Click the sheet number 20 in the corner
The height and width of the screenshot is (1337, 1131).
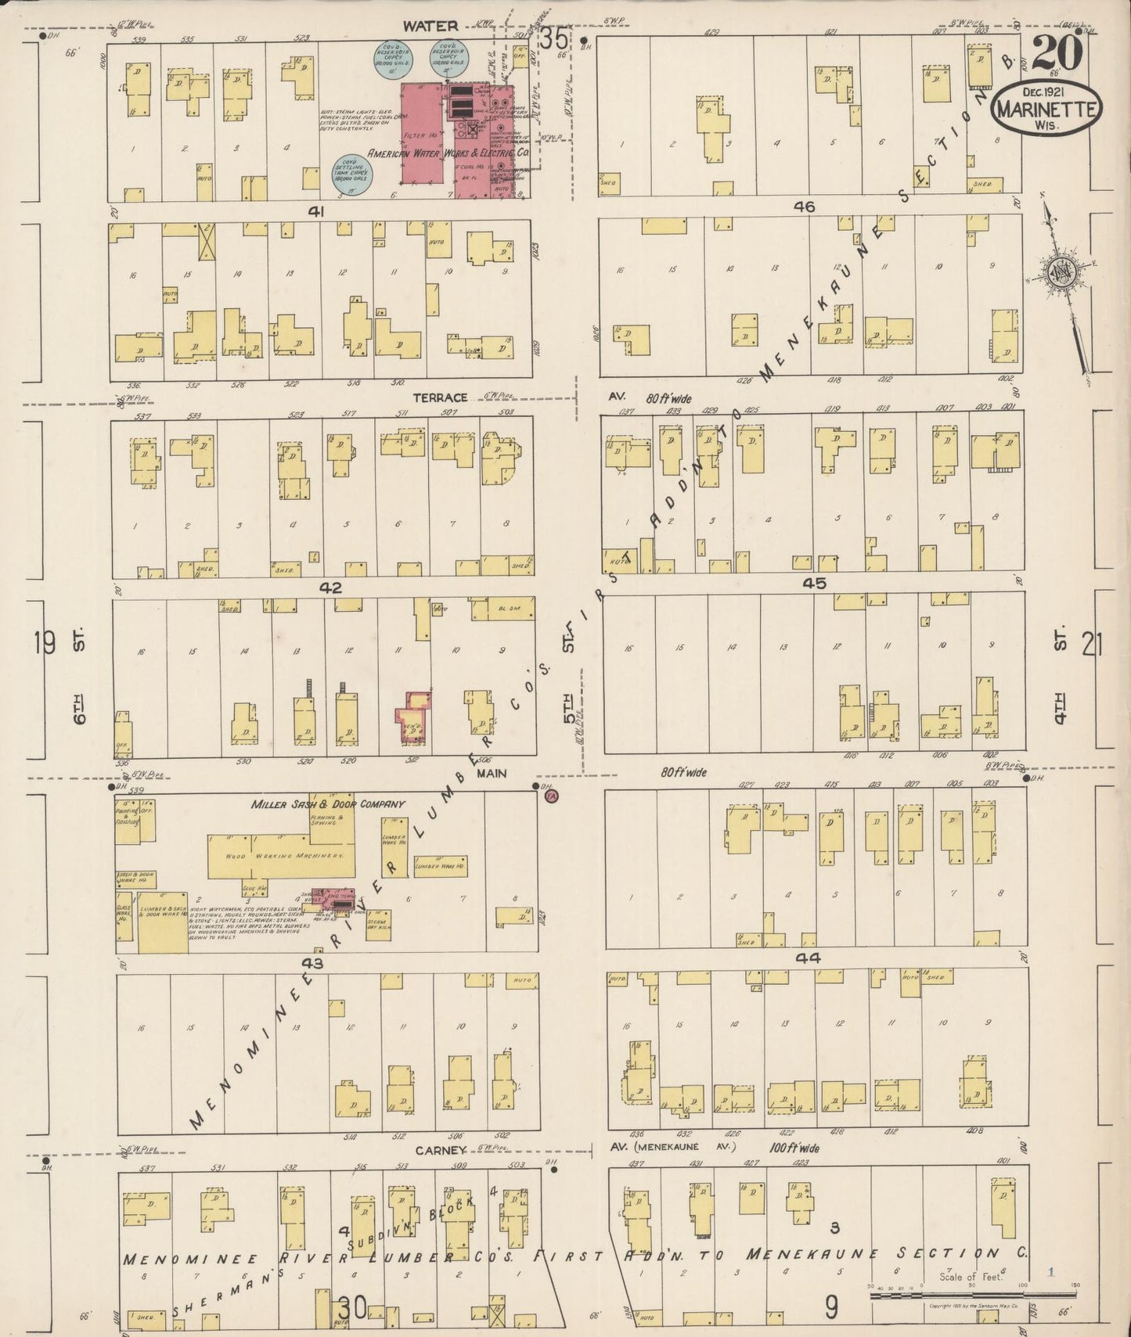coord(1057,53)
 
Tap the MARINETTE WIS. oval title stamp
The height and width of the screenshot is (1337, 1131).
coord(1046,110)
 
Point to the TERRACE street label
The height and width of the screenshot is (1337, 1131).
coord(439,398)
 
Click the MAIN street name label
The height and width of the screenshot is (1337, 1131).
coord(491,773)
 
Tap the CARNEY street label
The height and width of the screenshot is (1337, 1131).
coord(441,1150)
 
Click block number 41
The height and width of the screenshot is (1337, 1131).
coord(316,210)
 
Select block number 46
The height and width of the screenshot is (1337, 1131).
coord(804,207)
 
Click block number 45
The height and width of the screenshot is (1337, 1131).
coord(814,583)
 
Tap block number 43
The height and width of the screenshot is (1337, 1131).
coord(312,962)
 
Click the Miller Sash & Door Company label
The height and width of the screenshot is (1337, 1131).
coord(328,803)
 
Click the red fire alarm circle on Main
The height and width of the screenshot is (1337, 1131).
coord(550,796)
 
